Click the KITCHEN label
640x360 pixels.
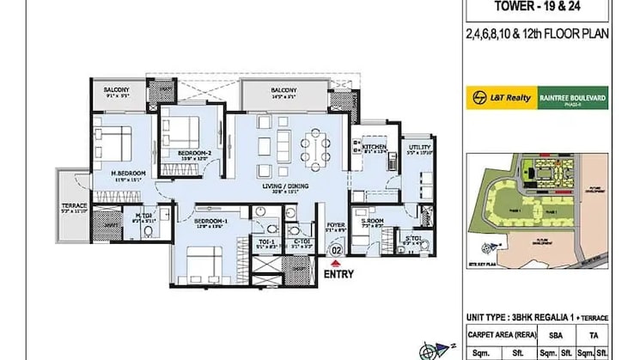pyautogui.click(x=374, y=148)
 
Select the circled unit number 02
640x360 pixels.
pyautogui.click(x=336, y=251)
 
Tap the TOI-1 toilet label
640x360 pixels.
pyautogui.click(x=266, y=242)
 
